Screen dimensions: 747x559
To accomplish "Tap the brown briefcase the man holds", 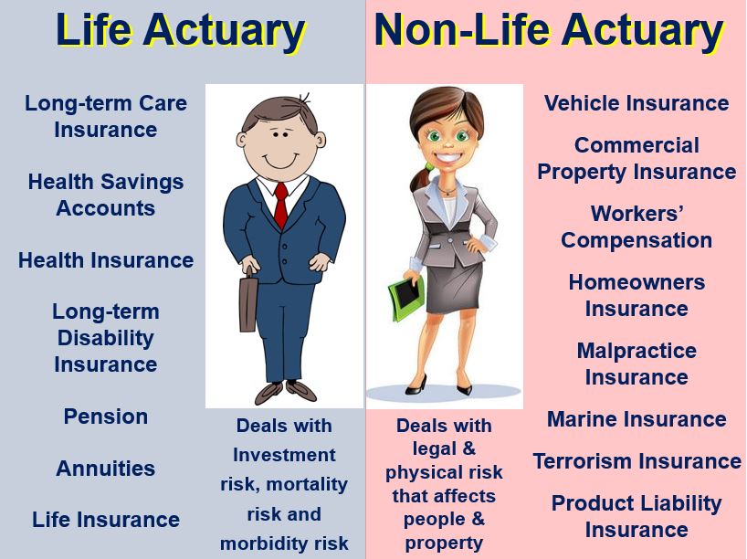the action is point(248,301).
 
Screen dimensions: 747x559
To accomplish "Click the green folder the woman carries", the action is point(405,297).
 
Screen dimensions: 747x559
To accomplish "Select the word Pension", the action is point(106,417).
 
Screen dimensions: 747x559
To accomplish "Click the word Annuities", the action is point(106,469).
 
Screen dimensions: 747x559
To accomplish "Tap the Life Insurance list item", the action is point(106,520).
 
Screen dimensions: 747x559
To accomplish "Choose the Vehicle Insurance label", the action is point(637,103).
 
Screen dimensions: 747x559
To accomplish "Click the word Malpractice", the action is point(637,352).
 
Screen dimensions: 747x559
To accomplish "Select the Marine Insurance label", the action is point(637,419).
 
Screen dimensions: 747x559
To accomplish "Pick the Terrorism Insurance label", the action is point(637,461).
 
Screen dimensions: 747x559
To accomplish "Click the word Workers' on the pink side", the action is point(637,214).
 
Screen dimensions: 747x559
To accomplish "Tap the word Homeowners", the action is point(637,282).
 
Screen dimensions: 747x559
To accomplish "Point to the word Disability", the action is point(106,338).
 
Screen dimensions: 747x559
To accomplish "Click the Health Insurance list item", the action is point(106,260).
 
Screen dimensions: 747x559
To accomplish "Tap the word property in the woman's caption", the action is point(444,543).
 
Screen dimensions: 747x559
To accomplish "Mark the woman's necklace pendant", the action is point(447,192).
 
